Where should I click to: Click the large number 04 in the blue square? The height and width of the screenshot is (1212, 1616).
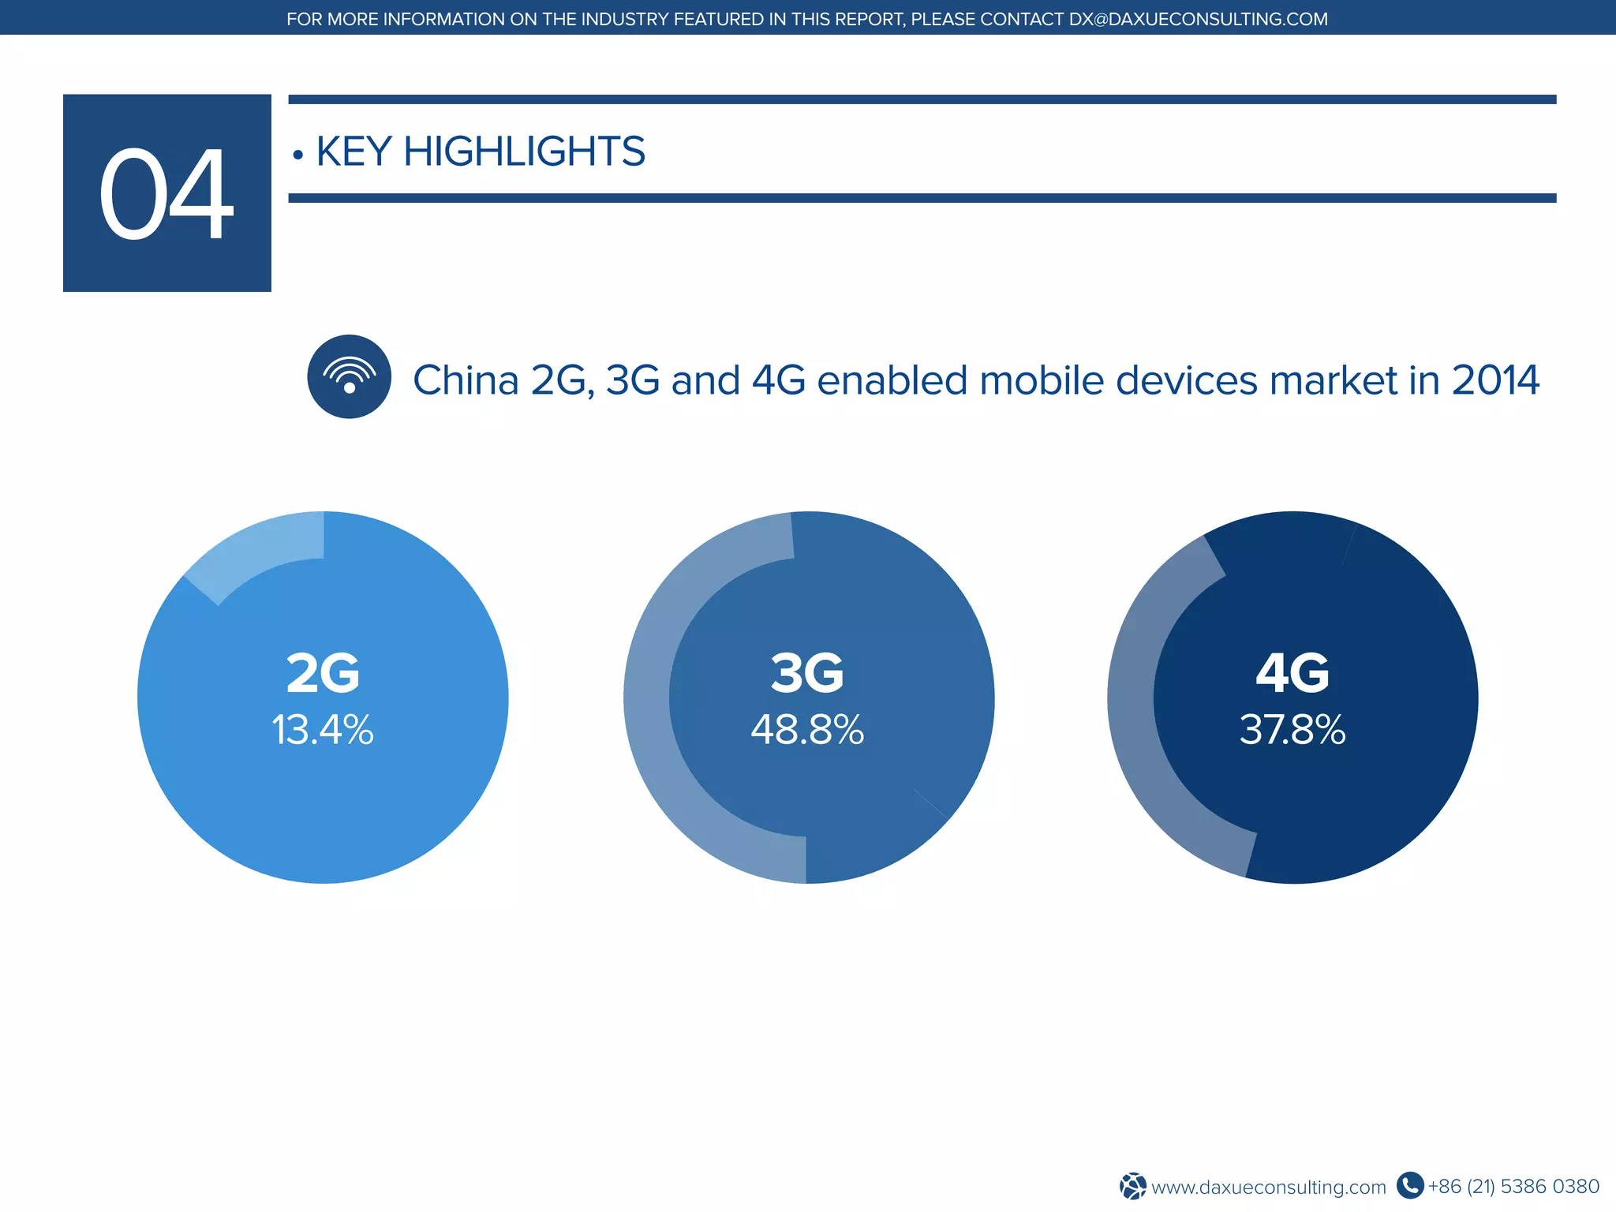pos(166,194)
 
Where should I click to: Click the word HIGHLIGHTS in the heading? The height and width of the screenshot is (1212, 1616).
pos(524,151)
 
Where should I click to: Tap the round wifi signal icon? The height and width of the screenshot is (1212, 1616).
pos(349,376)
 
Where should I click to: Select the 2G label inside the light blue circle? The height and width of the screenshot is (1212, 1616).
pos(323,673)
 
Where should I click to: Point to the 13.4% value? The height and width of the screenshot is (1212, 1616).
pos(323,729)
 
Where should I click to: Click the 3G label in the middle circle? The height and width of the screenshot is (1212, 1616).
pos(807,673)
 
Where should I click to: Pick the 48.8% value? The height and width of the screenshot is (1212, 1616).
pos(807,729)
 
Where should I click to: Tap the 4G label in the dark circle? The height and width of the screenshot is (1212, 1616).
pos(1292,673)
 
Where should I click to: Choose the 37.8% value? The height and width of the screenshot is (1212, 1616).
pos(1292,729)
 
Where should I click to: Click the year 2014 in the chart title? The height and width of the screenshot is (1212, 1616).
pos(1495,380)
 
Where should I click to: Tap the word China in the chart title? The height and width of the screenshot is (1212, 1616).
pos(466,380)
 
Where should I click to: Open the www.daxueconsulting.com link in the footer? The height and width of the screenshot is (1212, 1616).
pos(1268,1187)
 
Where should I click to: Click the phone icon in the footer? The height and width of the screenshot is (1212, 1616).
pos(1409,1185)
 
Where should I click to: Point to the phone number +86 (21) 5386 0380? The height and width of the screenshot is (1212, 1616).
pos(1513,1186)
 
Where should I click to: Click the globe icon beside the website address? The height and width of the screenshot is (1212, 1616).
pos(1133,1186)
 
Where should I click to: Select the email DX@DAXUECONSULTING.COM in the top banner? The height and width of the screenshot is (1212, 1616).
pos(1198,19)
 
